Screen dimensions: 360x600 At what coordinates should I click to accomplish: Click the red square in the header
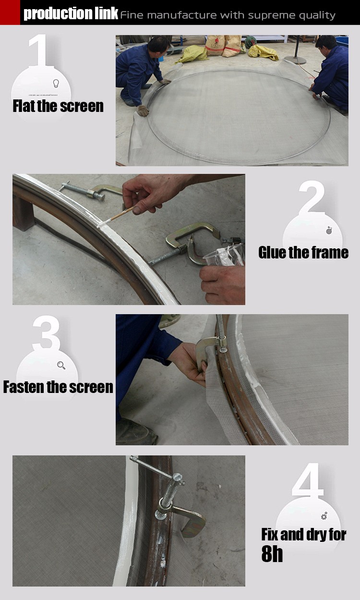10,12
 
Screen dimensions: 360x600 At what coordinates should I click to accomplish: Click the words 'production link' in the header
71,13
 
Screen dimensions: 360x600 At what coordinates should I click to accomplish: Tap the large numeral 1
39,50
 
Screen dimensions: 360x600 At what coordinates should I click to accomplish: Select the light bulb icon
56,83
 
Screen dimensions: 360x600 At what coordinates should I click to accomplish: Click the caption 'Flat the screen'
58,106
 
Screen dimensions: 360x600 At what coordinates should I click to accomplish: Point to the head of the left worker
159,45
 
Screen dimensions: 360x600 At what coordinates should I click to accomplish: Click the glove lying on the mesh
143,110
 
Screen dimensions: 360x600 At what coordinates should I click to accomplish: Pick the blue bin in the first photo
342,41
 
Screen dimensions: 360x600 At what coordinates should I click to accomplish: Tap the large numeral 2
312,197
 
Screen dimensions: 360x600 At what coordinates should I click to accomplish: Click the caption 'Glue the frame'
303,253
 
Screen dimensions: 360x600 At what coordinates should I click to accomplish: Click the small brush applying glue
116,217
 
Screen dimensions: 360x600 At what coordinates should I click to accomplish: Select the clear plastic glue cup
224,255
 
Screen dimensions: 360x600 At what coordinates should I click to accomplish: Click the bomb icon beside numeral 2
329,230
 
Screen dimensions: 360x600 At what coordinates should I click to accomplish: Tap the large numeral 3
47,333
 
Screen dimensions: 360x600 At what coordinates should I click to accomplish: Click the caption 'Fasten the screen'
58,387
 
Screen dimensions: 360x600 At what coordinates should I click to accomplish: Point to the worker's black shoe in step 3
136,432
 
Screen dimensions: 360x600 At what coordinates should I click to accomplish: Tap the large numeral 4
307,480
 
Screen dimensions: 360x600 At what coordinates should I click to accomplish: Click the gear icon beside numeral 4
324,515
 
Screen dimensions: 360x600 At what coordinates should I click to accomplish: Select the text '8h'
272,554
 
